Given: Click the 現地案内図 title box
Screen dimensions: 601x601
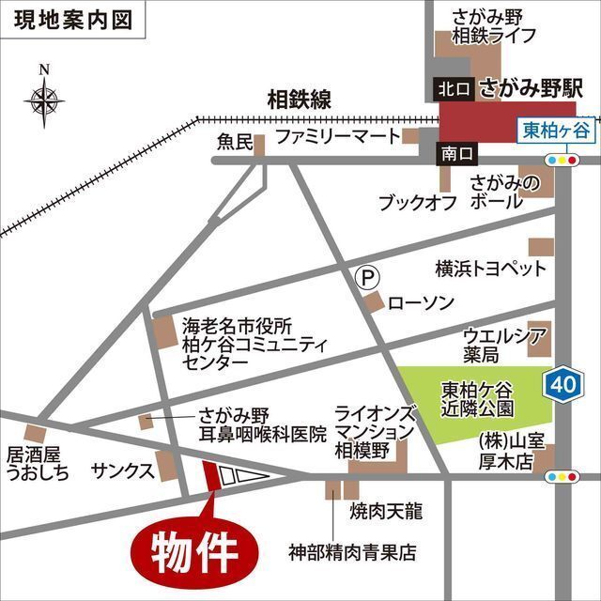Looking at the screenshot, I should point(74,18).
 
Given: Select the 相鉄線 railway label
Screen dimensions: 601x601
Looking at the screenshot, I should point(300,98).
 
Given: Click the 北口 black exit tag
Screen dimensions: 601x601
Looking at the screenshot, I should point(452,89).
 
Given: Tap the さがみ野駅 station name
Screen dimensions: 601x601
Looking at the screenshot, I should point(532,90).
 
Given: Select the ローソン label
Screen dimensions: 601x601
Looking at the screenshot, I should point(421,303).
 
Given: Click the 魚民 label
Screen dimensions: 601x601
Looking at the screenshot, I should point(235,142).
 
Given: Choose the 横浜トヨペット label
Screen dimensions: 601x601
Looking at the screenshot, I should point(490,270).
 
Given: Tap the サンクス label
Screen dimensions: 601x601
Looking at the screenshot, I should point(122,470).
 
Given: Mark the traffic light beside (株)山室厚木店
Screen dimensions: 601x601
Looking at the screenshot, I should point(562,477).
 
